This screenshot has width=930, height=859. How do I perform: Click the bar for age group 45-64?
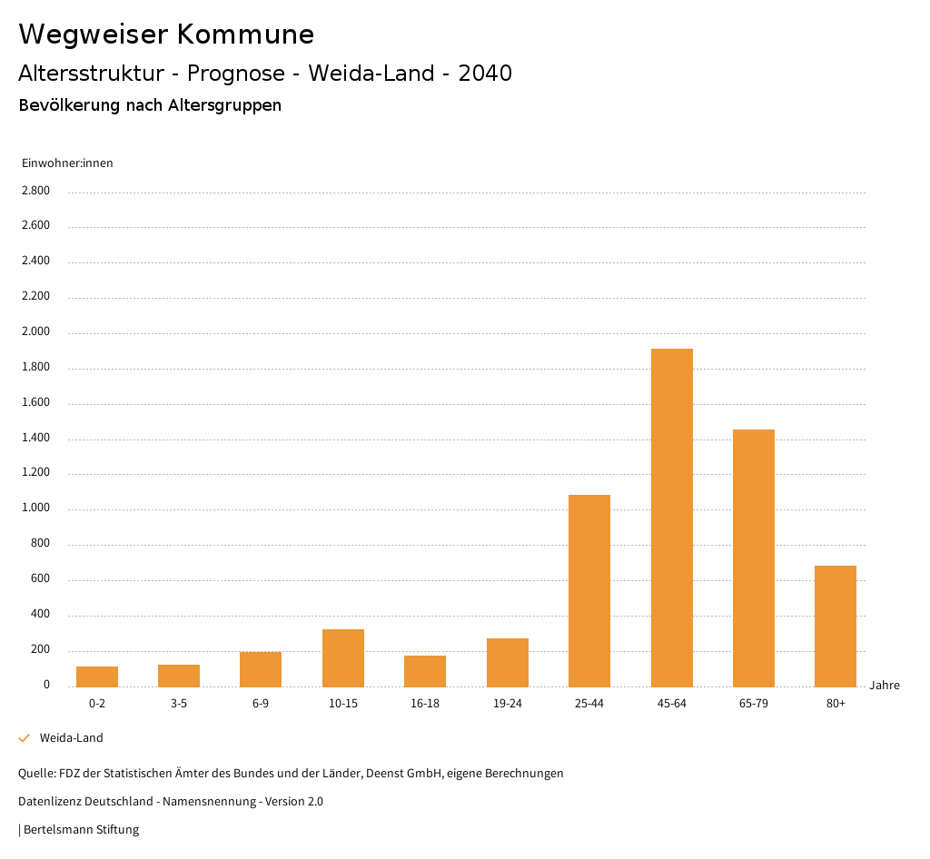(671, 518)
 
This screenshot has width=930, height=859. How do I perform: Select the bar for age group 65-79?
(753, 558)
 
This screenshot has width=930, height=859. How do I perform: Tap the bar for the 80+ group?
(835, 626)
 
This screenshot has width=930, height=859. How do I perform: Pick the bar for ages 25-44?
(589, 590)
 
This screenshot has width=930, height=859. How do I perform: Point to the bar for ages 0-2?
(97, 676)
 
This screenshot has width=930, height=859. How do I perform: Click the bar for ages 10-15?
(342, 657)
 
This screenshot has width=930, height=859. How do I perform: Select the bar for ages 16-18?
(425, 671)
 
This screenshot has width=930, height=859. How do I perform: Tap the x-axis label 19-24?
(507, 704)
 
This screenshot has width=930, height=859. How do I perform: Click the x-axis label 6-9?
(261, 704)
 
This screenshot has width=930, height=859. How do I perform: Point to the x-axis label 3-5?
(179, 704)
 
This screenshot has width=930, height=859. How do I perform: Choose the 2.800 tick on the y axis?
(36, 191)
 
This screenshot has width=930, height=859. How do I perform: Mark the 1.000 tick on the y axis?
(36, 508)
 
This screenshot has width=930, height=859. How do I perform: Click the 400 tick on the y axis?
(41, 615)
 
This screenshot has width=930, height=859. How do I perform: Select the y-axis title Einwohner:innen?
(67, 163)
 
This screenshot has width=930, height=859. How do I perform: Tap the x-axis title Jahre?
(884, 686)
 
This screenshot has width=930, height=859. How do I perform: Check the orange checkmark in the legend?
(25, 738)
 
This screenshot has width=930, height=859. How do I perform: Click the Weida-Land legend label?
(71, 738)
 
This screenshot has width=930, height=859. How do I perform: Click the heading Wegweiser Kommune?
(166, 35)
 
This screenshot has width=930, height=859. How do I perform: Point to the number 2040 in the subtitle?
(485, 74)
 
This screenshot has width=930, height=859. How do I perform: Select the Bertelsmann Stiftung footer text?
(80, 829)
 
